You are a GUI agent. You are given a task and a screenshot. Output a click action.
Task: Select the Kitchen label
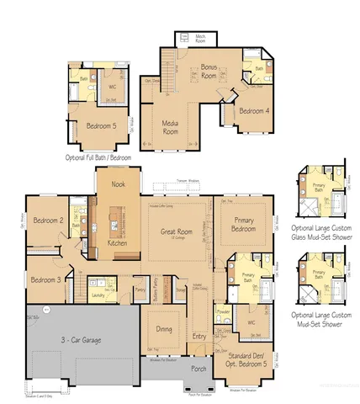coord(118,243)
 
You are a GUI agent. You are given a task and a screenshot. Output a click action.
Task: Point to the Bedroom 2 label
coord(49,221)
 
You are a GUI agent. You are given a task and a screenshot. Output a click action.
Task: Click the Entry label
coord(199,336)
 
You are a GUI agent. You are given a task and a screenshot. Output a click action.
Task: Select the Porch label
coord(199,369)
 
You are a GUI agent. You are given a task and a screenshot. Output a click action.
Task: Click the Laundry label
coord(98,295)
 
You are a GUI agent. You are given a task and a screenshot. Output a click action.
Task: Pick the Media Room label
coord(170,127)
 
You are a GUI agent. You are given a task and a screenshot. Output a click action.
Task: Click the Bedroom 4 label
coord(253,110)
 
